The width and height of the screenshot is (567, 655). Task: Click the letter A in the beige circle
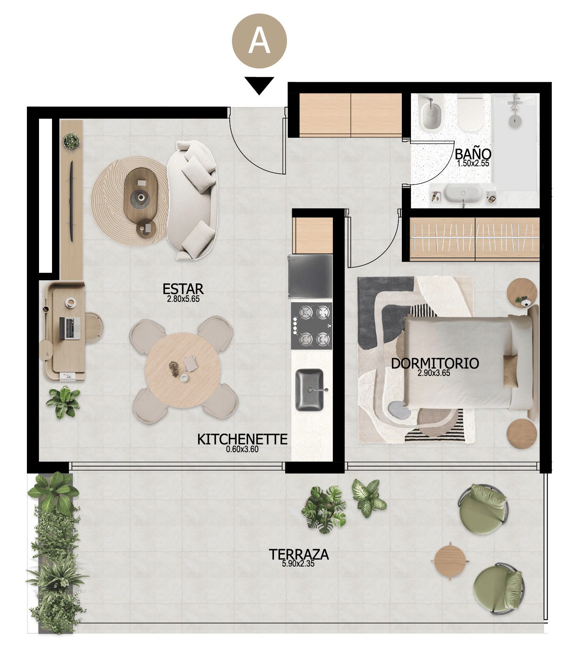coord(259,41)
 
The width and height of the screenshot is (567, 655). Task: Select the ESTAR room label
coord(183,289)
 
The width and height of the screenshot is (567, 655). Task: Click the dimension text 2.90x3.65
coord(433,373)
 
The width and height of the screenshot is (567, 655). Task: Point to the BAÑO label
coord(473,154)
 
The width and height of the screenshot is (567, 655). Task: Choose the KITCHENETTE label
coord(242,439)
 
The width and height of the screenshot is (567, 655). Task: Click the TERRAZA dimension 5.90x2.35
coord(298,564)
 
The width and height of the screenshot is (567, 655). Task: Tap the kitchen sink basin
coord(310,390)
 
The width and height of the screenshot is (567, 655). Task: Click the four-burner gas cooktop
coord(311,326)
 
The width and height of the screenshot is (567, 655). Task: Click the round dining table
coord(182,370)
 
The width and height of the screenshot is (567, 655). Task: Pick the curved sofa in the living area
coord(192,200)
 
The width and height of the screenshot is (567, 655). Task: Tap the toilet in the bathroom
coord(470,112)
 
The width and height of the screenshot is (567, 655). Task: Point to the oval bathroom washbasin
coord(462,193)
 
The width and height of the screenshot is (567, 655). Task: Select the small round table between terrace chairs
coord(450,561)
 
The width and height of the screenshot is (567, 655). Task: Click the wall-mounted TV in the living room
coord(72,201)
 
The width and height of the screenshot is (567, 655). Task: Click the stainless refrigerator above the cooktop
coord(310,277)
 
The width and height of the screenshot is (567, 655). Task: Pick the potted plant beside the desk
coord(63,402)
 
